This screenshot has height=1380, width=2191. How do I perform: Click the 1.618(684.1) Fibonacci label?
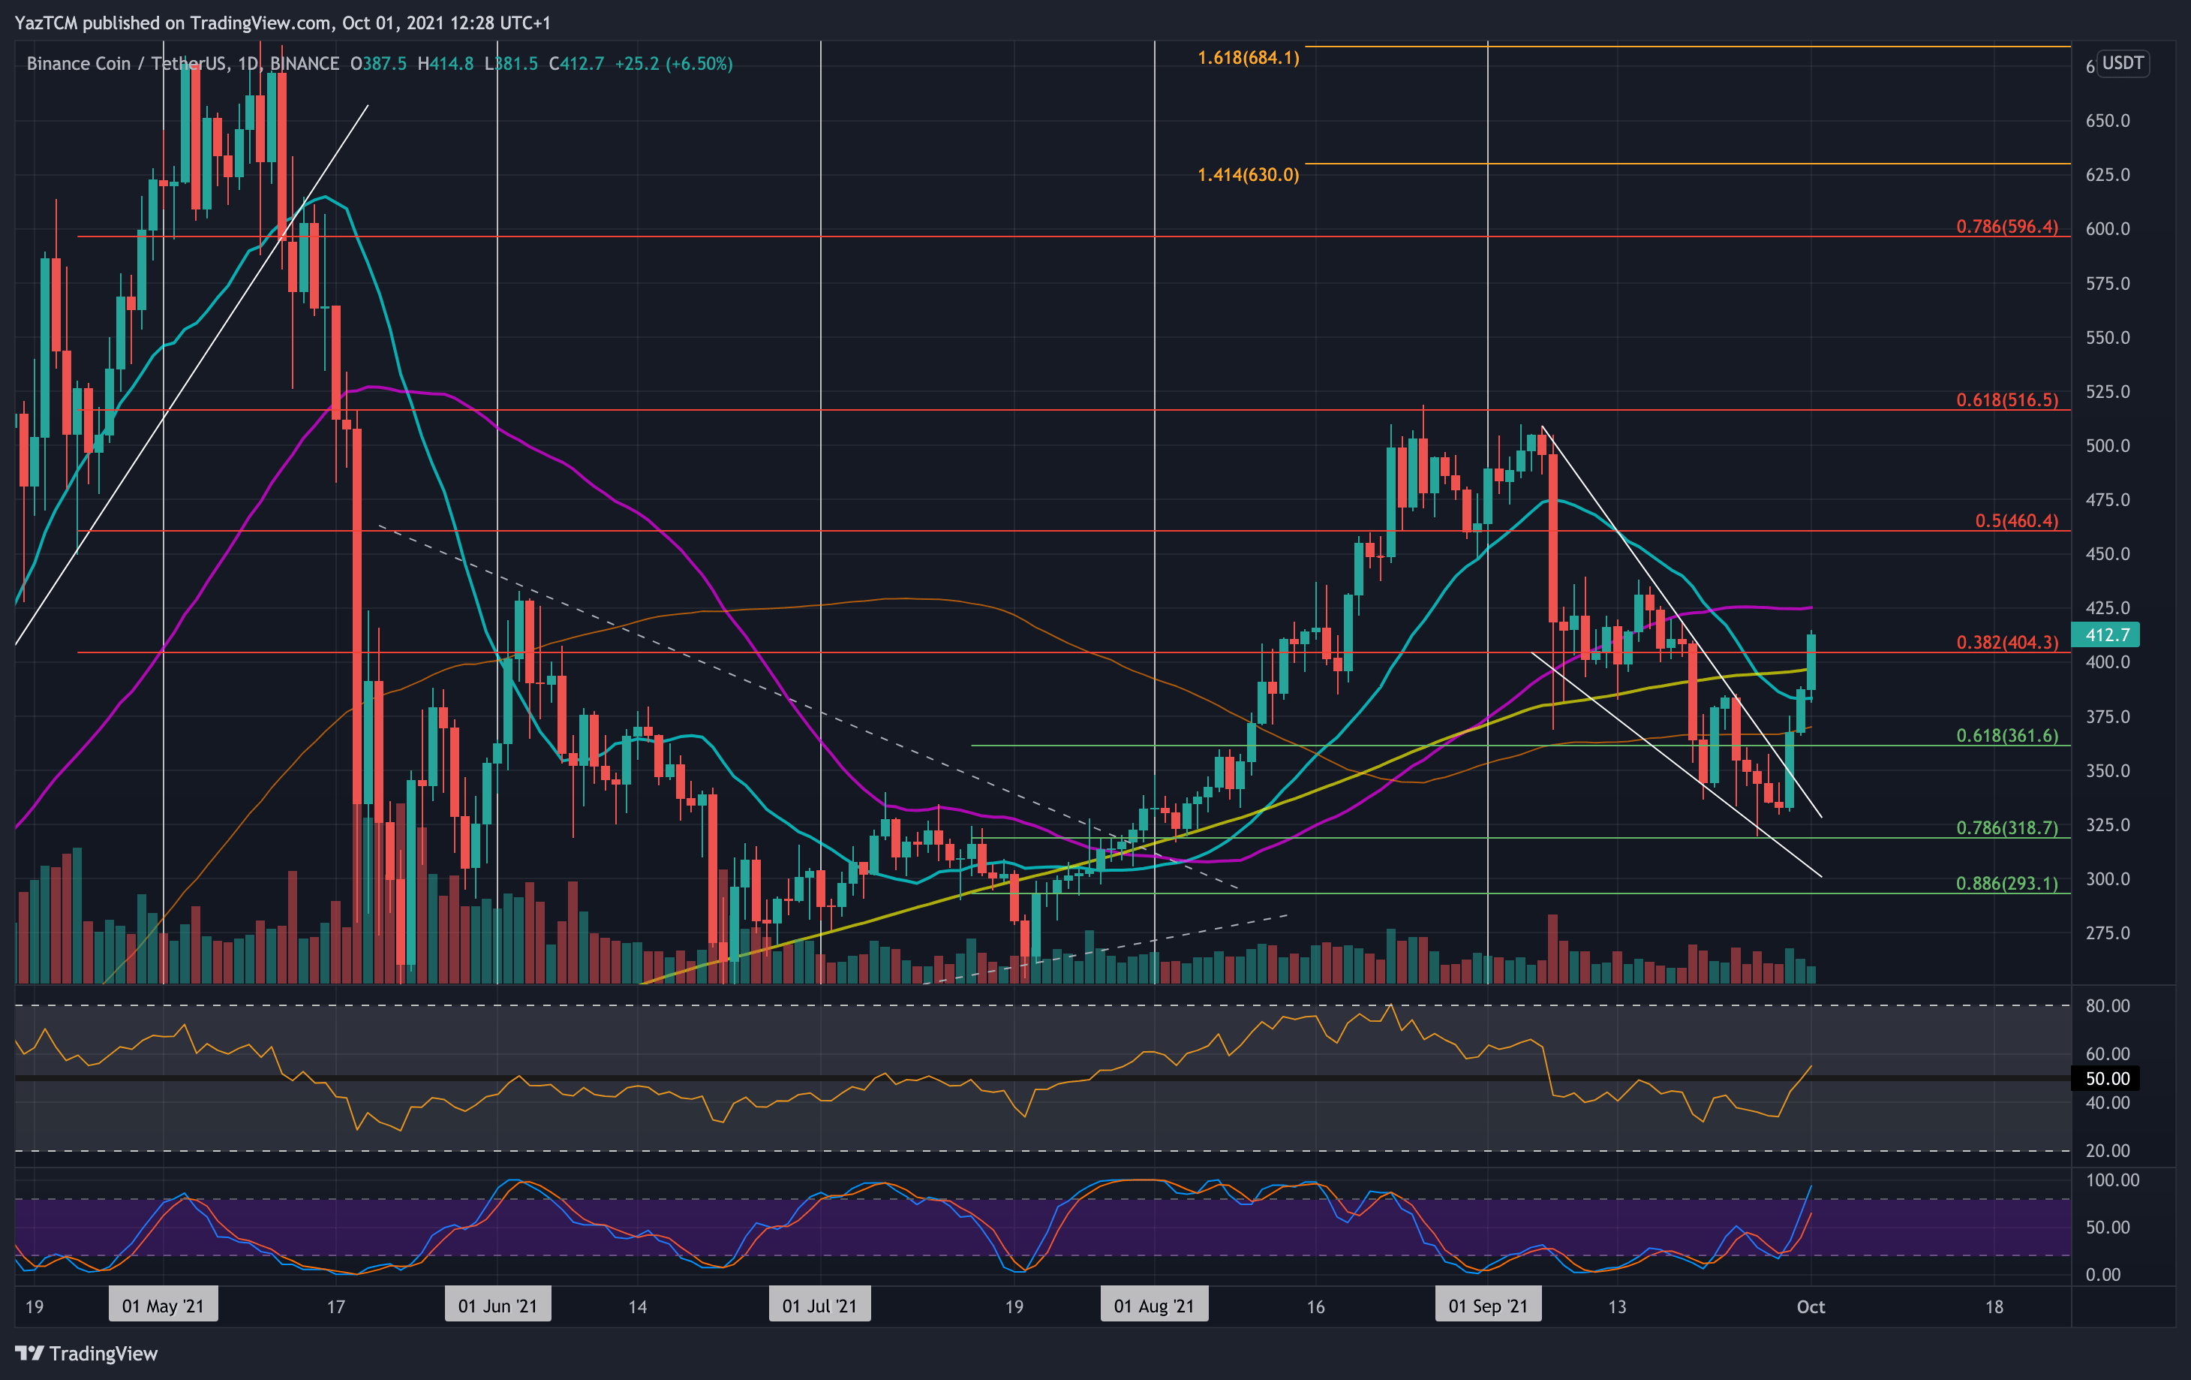pyautogui.click(x=1248, y=59)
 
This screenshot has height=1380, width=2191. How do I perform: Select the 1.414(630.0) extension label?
pyautogui.click(x=1248, y=175)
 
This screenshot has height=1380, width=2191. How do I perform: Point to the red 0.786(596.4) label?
pyautogui.click(x=2006, y=227)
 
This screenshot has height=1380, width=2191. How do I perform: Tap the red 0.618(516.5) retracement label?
pyautogui.click(x=2006, y=399)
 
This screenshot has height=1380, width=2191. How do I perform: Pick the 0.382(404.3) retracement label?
pyautogui.click(x=2006, y=643)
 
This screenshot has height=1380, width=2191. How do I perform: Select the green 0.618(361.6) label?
pyautogui.click(x=2006, y=736)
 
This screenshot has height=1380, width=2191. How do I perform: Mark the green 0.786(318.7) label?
pyautogui.click(x=2006, y=827)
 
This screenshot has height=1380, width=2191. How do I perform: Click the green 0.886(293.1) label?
pyautogui.click(x=2006, y=883)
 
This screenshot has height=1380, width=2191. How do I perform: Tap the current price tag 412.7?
pyautogui.click(x=2106, y=634)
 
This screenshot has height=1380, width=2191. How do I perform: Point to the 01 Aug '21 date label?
pyautogui.click(x=1154, y=1306)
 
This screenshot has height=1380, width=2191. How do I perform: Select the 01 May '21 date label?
pyautogui.click(x=163, y=1306)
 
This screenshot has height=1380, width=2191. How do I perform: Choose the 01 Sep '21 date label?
pyautogui.click(x=1488, y=1306)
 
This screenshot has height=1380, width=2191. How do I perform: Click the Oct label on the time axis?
pyautogui.click(x=1811, y=1306)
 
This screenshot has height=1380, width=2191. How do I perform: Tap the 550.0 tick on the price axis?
pyautogui.click(x=2107, y=338)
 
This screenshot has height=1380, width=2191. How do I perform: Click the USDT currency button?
pyautogui.click(x=2123, y=64)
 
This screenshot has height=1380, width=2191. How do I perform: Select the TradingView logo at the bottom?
pyautogui.click(x=86, y=1354)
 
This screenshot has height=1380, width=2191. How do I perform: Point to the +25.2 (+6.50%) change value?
pyautogui.click(x=673, y=64)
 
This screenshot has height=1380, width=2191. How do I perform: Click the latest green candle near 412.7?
pyautogui.click(x=1811, y=663)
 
